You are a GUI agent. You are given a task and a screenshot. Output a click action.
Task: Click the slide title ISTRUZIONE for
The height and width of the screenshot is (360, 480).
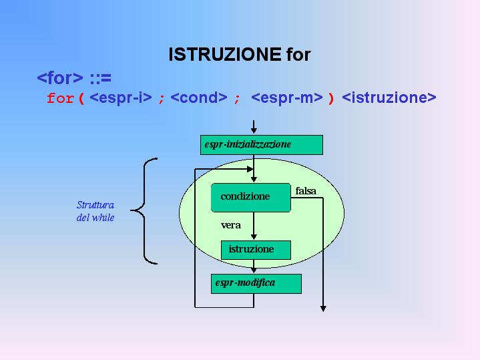[239, 54]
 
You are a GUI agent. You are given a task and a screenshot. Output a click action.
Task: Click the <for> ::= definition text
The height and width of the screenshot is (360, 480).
[73, 78]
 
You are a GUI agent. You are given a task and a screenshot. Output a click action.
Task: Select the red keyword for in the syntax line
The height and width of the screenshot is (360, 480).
[61, 98]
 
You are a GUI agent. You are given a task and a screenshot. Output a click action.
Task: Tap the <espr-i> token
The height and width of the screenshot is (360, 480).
[121, 98]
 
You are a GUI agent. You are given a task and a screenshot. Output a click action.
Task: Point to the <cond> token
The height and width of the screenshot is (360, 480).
[199, 98]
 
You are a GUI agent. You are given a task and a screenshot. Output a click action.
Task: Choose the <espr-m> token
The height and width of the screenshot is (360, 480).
[286, 98]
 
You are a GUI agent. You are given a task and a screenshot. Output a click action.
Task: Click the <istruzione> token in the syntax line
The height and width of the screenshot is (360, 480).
[389, 98]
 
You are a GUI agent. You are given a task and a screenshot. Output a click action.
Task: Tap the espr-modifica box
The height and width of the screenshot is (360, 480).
[256, 283]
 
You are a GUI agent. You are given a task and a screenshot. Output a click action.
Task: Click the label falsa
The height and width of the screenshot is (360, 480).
[306, 191]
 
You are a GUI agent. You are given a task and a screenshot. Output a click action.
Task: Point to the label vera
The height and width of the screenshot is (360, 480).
[231, 225]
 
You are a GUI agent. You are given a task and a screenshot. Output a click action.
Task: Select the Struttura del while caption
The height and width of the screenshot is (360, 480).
[95, 211]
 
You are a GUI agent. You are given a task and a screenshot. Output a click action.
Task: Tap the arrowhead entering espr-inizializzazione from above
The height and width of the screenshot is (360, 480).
[254, 131]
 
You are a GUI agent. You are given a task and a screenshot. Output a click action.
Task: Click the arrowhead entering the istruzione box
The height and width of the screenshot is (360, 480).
[254, 236]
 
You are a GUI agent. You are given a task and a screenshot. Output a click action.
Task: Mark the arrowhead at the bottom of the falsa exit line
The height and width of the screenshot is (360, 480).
[323, 308]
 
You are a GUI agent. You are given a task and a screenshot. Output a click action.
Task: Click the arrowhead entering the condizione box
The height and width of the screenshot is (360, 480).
[254, 179]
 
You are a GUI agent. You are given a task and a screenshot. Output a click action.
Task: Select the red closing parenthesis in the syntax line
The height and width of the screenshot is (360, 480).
[330, 98]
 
